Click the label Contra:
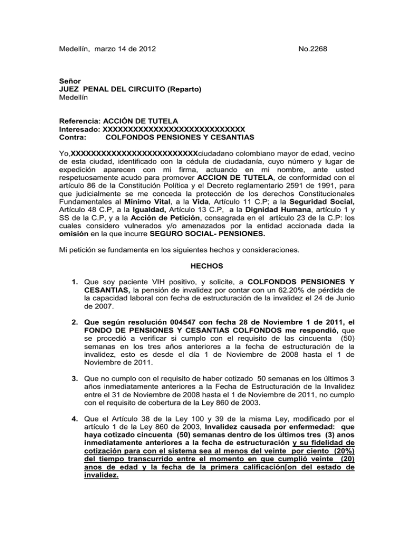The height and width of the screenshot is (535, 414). point(72,138)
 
